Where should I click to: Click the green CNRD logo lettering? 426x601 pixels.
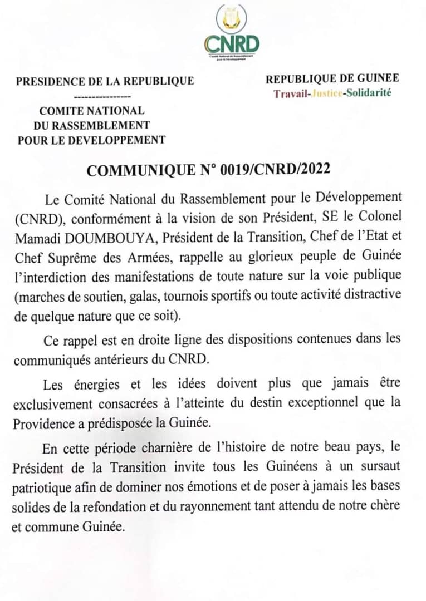(232, 43)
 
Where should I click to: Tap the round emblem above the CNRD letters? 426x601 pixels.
(232, 18)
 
